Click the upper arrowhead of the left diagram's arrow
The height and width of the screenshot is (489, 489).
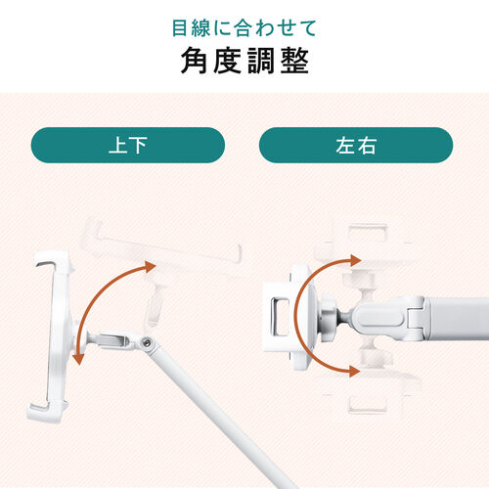pos(150,265)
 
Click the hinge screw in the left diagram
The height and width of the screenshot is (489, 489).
pos(147,341)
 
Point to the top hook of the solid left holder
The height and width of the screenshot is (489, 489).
pos(47,261)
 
